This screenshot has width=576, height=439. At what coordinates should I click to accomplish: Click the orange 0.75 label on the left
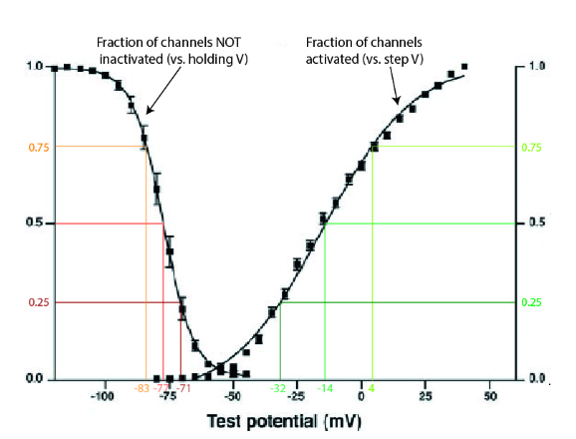(x=37, y=147)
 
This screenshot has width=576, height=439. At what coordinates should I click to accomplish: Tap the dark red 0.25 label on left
(x=37, y=302)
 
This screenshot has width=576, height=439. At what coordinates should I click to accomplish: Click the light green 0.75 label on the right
(x=535, y=147)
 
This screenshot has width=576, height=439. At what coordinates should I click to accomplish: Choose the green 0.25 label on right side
(x=534, y=302)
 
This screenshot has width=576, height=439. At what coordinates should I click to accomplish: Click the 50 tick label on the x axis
(x=489, y=397)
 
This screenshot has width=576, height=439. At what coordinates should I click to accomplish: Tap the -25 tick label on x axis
(x=296, y=397)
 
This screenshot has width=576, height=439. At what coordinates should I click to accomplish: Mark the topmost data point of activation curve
(x=464, y=67)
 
